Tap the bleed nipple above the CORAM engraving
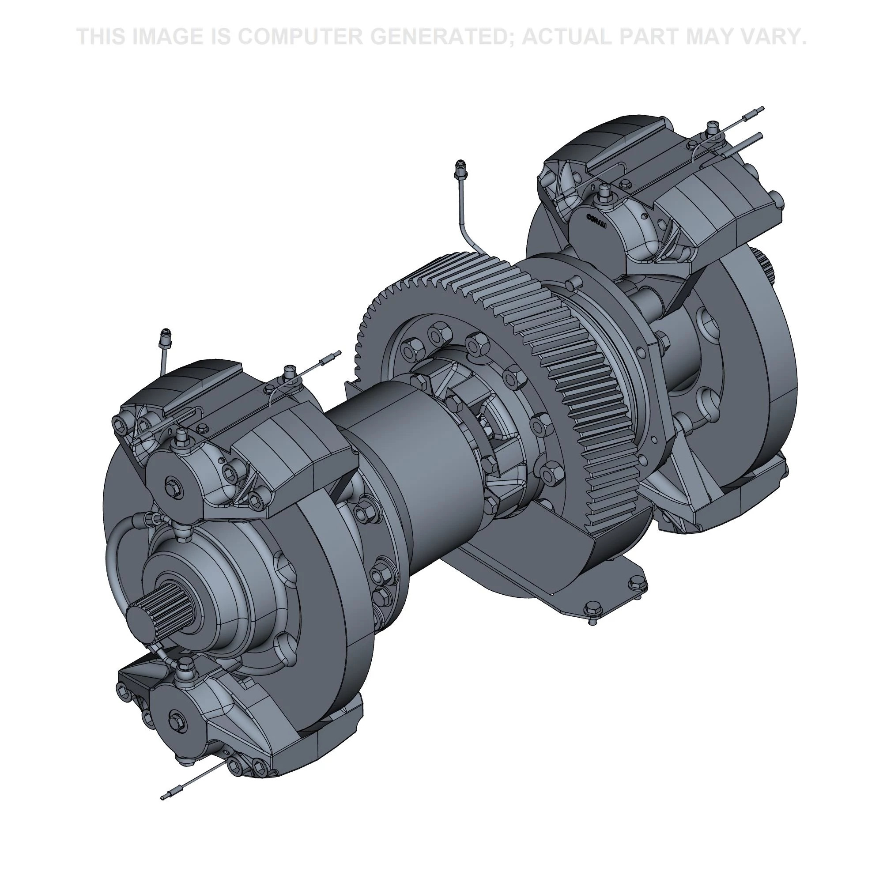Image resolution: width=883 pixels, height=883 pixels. [x=606, y=191]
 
